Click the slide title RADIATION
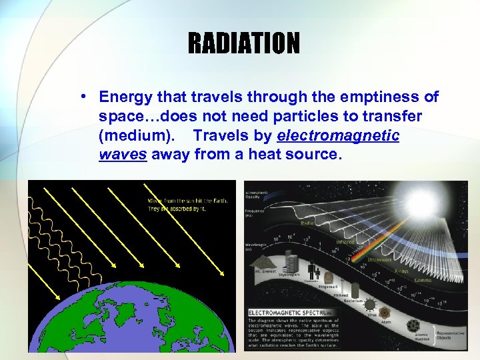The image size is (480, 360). (x=243, y=43)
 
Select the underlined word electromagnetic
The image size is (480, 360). (x=338, y=136)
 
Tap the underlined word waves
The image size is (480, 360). (x=123, y=155)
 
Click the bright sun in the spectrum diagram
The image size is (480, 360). (x=421, y=205)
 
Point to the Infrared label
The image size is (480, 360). (x=345, y=242)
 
